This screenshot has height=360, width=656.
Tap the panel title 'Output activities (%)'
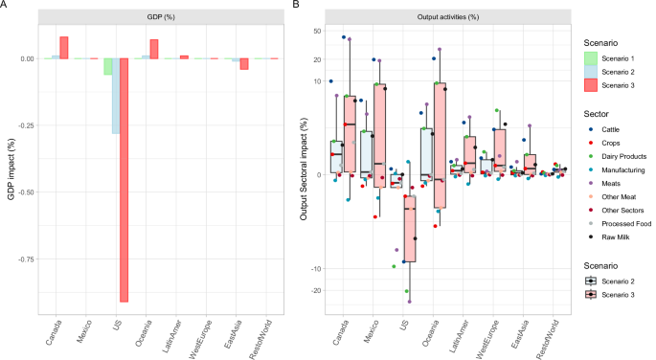[441, 17]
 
